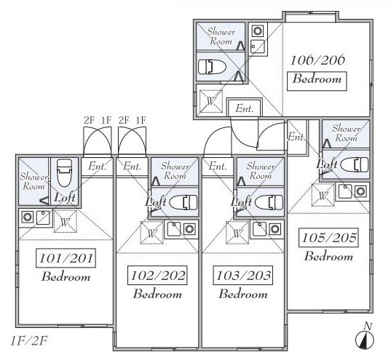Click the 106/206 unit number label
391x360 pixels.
click(x=317, y=60)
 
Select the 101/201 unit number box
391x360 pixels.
click(x=66, y=258)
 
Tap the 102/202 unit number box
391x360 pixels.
click(x=157, y=276)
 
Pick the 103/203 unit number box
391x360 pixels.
click(x=243, y=276)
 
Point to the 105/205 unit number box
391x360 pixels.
click(x=328, y=237)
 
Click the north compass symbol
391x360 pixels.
click(x=365, y=336)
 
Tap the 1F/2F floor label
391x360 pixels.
click(x=28, y=341)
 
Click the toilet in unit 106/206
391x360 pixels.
click(x=212, y=67)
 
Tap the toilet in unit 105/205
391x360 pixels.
click(x=355, y=164)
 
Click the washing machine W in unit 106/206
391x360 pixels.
click(x=211, y=101)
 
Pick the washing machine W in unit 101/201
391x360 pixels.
click(x=66, y=221)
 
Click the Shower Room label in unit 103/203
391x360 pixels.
click(x=261, y=171)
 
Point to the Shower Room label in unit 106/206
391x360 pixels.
click(x=221, y=36)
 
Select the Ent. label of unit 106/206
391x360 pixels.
click(x=245, y=108)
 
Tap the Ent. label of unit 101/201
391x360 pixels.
click(x=98, y=166)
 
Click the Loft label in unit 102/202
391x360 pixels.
click(x=156, y=201)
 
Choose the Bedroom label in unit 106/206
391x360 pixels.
click(x=317, y=79)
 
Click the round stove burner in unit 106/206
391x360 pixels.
click(x=257, y=31)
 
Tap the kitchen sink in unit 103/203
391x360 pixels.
click(x=260, y=229)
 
